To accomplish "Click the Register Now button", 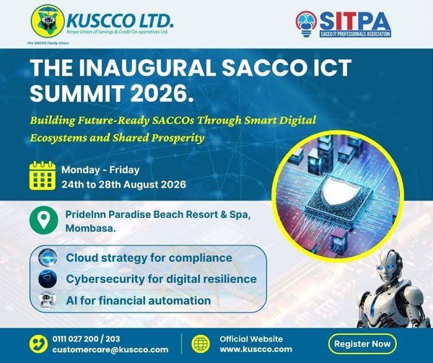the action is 362,344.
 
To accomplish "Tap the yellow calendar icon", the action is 43,175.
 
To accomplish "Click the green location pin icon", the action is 43,220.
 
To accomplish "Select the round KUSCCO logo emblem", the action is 48,21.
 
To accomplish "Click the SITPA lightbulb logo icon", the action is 306,25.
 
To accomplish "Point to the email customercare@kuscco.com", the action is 110,349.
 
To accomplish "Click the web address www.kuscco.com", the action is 255,349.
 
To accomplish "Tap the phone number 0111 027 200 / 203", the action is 86,338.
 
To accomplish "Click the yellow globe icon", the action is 201,344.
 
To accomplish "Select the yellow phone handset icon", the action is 38,344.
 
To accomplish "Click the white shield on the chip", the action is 341,191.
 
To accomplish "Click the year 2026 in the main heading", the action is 161,93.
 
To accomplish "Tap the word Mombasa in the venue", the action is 91,229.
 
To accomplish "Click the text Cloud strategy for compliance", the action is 149,258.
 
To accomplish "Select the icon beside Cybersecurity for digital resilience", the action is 48,279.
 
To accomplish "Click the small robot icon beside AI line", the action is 48,299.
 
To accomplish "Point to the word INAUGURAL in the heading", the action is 147,68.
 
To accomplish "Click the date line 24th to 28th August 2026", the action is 123,185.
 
